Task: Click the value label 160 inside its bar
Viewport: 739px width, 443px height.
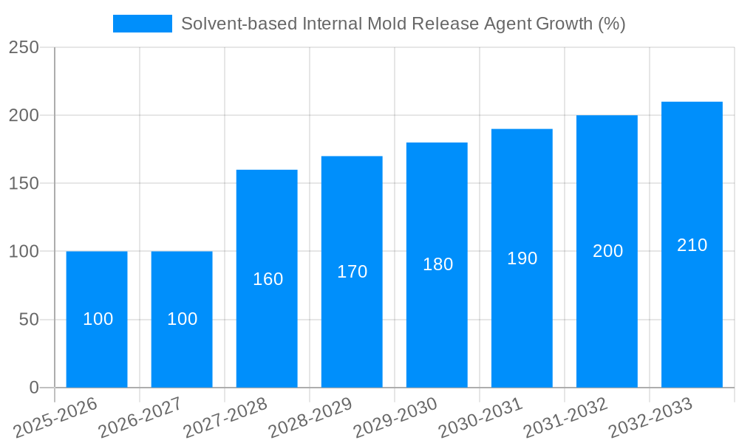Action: (268, 279)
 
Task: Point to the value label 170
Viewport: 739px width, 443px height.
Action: (353, 272)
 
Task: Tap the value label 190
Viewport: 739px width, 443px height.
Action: (522, 258)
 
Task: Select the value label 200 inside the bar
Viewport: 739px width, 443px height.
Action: (607, 251)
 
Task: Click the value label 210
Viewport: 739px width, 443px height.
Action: (692, 245)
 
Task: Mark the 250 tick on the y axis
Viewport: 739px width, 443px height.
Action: (24, 47)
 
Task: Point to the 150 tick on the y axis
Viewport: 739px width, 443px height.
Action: (24, 183)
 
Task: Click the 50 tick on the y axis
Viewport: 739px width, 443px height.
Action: (29, 320)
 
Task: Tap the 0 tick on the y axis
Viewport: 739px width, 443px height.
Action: (34, 388)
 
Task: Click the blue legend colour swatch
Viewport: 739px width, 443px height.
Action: (142, 24)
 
